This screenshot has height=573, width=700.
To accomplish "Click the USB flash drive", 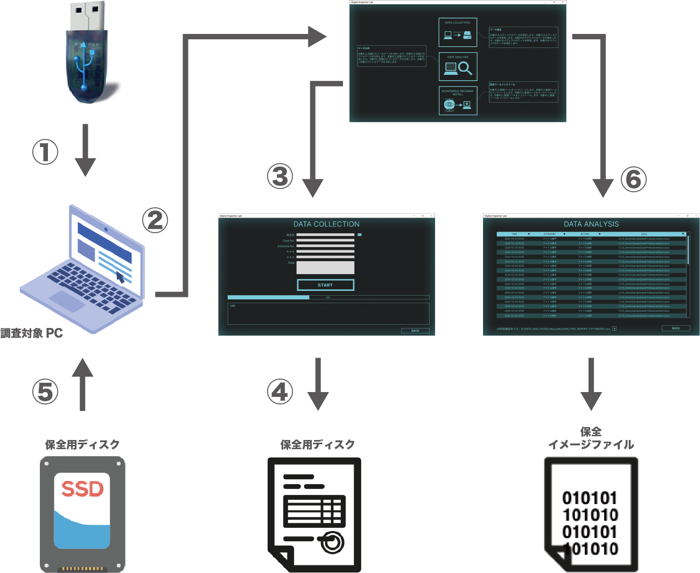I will tap(86, 54).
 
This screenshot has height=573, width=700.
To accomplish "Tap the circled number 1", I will tap(45, 152).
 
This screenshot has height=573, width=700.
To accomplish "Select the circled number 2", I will tap(155, 220).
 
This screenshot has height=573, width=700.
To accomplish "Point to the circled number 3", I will tap(280, 176).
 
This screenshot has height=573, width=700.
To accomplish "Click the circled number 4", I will tap(280, 392).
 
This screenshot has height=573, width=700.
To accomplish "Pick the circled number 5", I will tap(45, 392).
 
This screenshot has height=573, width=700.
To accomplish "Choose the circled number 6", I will tap(634, 179).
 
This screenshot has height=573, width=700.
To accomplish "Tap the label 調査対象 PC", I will tap(32, 333).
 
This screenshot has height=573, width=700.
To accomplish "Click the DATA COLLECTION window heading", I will tap(326, 224).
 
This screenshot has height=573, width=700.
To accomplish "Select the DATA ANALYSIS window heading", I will tap(591, 224).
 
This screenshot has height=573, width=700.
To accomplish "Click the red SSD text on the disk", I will tap(82, 489).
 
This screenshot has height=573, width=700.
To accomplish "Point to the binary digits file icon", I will tap(591, 514).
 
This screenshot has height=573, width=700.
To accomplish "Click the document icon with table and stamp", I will tap(315, 514).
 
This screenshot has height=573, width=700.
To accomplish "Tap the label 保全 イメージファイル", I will tap(591, 438).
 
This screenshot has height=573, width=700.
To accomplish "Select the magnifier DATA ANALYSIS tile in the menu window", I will tap(458, 66).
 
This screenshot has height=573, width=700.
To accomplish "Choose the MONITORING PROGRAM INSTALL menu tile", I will tap(458, 101).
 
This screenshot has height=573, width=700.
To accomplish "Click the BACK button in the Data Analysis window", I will tap(676, 328).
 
